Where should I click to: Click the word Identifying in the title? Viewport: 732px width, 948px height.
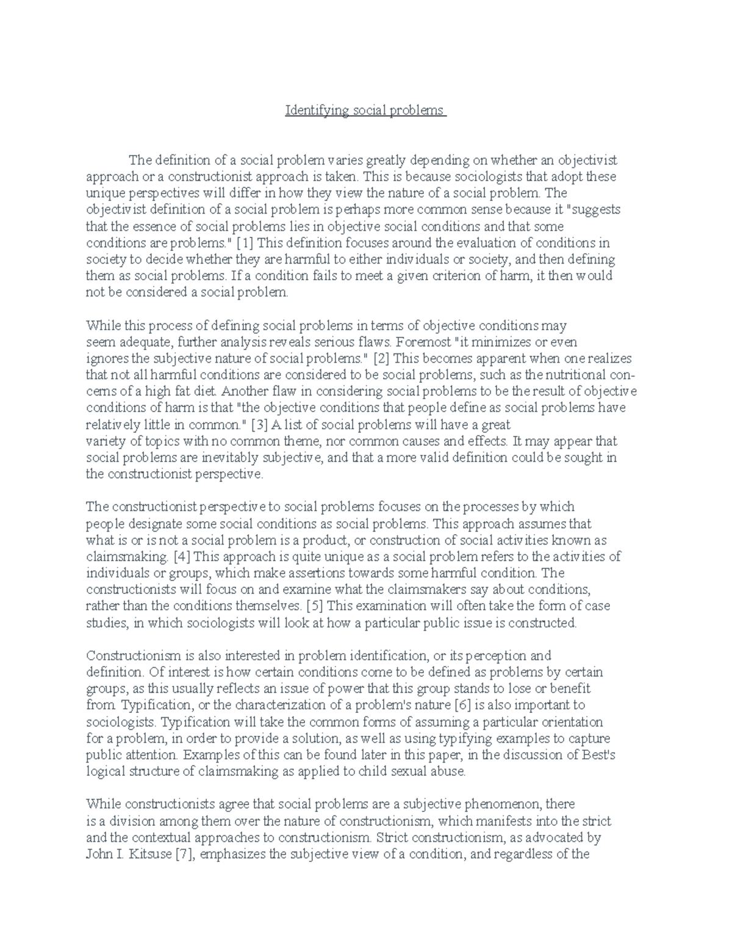(317, 111)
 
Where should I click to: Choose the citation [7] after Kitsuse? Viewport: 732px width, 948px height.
(184, 854)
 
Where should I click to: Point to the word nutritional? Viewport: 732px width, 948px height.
(573, 375)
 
